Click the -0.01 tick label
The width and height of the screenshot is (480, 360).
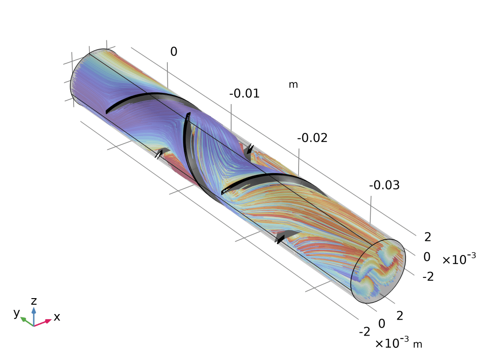pyautogui.click(x=244, y=93)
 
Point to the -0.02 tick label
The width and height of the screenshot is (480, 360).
pyautogui.click(x=312, y=138)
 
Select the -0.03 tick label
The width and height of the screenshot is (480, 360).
pyautogui.click(x=384, y=185)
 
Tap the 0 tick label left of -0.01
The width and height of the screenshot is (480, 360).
pyautogui.click(x=173, y=52)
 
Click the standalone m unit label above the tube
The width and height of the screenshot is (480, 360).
pyautogui.click(x=293, y=84)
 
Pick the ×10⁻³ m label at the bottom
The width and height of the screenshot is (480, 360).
pyautogui.click(x=398, y=343)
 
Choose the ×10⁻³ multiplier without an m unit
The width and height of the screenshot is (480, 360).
pyautogui.click(x=459, y=259)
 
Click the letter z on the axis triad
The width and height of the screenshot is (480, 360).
pyautogui.click(x=34, y=301)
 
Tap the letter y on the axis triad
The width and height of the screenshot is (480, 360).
pyautogui.click(x=16, y=313)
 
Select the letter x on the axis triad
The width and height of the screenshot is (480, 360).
pyautogui.click(x=57, y=317)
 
